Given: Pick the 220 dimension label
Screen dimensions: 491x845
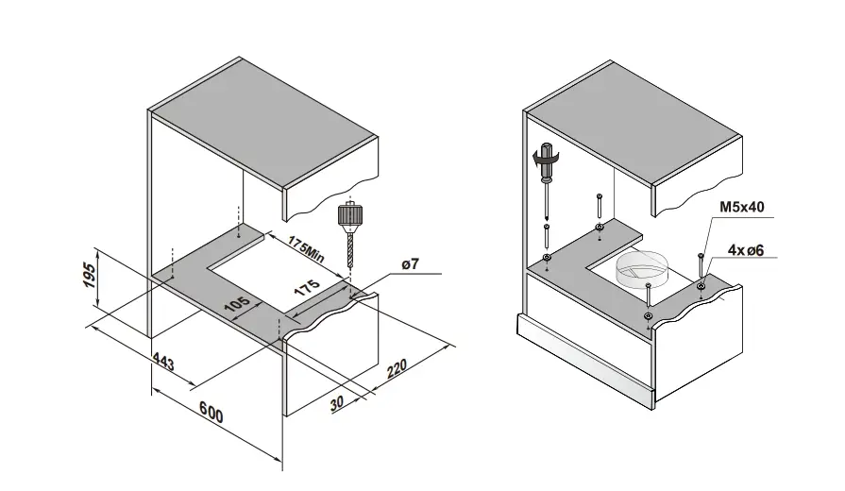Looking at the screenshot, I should (396, 365).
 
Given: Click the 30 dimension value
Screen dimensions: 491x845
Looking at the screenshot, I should (340, 400).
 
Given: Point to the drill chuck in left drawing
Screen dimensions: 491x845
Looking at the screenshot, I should (350, 215).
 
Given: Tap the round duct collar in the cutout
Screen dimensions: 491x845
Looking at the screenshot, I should (644, 267).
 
